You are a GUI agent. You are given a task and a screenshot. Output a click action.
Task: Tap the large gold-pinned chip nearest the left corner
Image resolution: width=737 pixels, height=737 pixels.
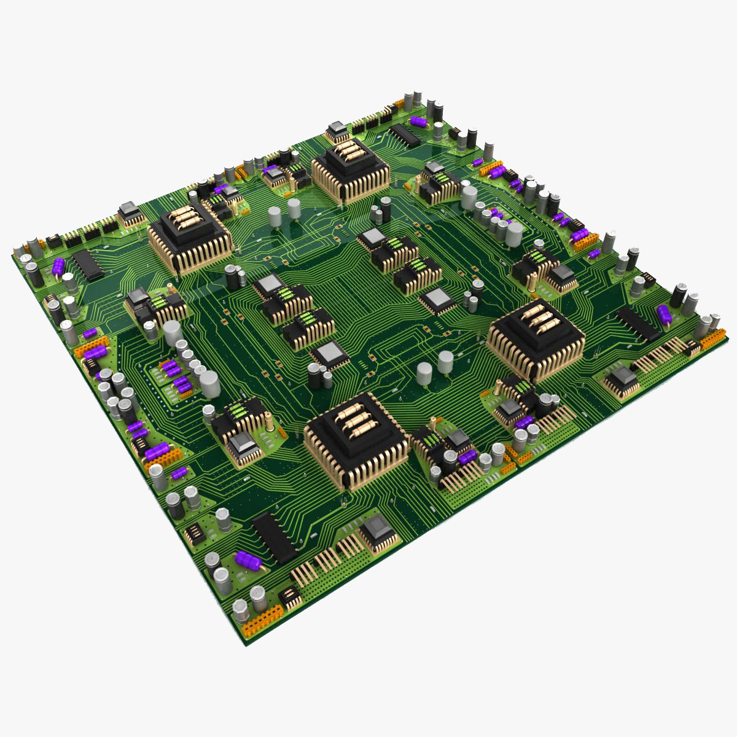(189, 236)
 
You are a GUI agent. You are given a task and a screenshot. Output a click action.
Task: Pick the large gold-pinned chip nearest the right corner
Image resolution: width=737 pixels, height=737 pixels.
(536, 337)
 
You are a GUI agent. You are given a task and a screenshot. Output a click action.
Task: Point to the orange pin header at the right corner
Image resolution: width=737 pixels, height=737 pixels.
(712, 338)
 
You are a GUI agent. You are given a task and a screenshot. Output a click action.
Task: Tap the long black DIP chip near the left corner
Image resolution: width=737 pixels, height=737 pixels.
(88, 265)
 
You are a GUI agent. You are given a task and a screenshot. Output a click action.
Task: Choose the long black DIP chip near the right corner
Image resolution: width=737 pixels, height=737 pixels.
(638, 323)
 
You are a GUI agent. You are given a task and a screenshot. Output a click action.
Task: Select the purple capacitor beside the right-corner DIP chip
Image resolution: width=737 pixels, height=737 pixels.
(665, 314)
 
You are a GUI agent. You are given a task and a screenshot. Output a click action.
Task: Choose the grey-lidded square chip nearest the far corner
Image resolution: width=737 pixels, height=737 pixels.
(336, 130)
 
